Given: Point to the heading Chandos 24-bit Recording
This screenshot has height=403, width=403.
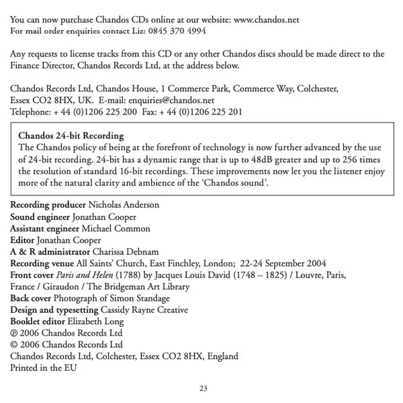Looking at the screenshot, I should click(x=71, y=135).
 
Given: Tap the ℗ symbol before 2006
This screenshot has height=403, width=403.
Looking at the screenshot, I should click(x=14, y=333).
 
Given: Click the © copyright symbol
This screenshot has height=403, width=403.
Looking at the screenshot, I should click(x=14, y=344).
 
